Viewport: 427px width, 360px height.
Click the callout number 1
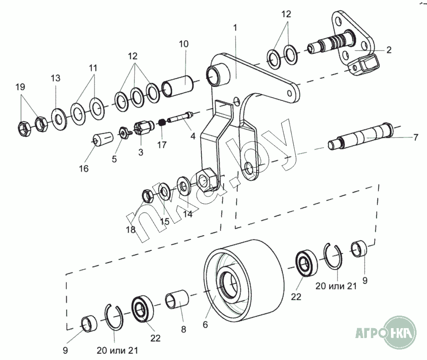point(235,27)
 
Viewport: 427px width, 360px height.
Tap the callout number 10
point(183,44)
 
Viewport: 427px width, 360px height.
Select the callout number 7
point(416,138)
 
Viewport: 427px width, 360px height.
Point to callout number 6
point(205,324)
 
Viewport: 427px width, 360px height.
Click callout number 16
point(84,168)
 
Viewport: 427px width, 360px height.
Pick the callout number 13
point(55,78)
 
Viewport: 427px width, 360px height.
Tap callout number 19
point(20,87)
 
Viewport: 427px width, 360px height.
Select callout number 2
point(389,50)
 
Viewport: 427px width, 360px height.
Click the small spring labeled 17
point(162,123)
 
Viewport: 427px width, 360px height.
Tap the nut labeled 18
point(147,196)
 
